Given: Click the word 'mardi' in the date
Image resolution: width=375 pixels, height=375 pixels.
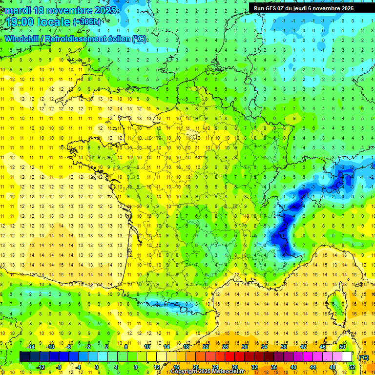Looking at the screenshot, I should tap(17, 10).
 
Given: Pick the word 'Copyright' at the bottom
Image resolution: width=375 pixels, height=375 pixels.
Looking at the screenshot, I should tap(184, 372).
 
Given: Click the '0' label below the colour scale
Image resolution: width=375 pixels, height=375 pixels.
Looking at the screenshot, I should tap(97, 367).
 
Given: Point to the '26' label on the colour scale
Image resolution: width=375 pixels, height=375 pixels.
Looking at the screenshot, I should tap(225, 347).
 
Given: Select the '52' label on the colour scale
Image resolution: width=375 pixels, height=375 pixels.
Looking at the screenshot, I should tap(352, 367).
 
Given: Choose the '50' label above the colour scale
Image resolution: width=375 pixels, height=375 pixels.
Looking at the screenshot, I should tap(342, 347).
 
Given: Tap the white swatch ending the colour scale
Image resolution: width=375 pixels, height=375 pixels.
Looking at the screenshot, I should tap(347, 357).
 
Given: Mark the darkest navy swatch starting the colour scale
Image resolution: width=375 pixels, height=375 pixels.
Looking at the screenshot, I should tap(24, 357).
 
